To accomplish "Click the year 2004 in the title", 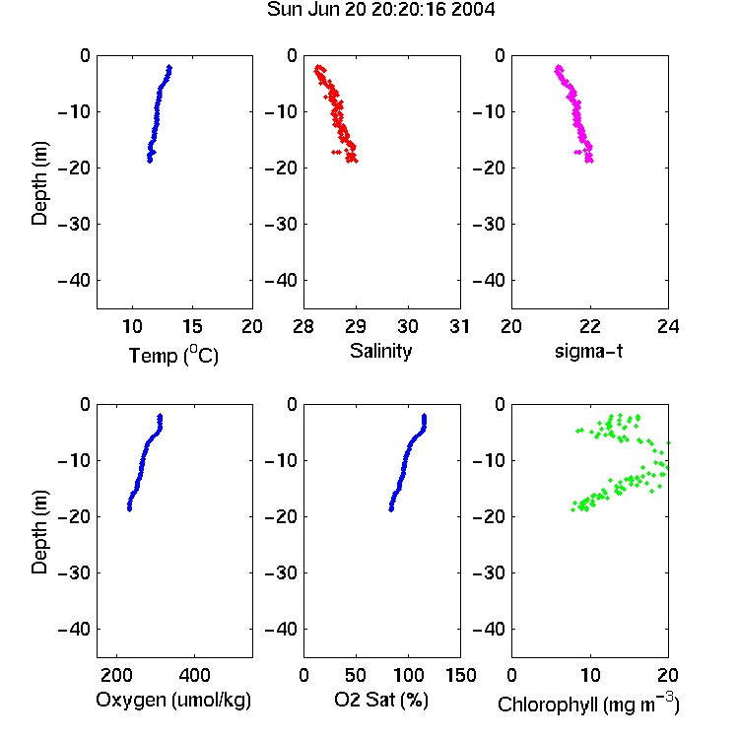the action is click(x=473, y=10).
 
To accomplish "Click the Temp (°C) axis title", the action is click(x=173, y=355).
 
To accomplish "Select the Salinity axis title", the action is click(x=380, y=351).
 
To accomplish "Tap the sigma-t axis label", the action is click(x=588, y=351).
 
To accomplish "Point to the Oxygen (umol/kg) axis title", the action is click(x=173, y=700).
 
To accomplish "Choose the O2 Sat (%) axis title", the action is click(x=380, y=700).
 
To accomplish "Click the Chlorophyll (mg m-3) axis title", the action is click(x=588, y=704).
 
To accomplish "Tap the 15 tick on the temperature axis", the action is click(x=192, y=326).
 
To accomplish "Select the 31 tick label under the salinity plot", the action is click(x=459, y=326).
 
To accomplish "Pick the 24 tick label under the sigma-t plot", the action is click(x=668, y=326).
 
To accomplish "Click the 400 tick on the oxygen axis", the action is click(x=194, y=675).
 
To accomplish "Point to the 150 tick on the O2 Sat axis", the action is click(x=461, y=675).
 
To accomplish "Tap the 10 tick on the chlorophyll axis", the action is click(x=590, y=675).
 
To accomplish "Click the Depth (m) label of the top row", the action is click(x=39, y=183).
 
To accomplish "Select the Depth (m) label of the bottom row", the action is click(x=39, y=532).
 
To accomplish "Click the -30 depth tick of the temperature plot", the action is click(x=74, y=224).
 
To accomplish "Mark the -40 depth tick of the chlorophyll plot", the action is click(x=489, y=629).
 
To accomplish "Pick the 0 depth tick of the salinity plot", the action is click(x=293, y=55).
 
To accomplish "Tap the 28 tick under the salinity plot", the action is click(x=303, y=326).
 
